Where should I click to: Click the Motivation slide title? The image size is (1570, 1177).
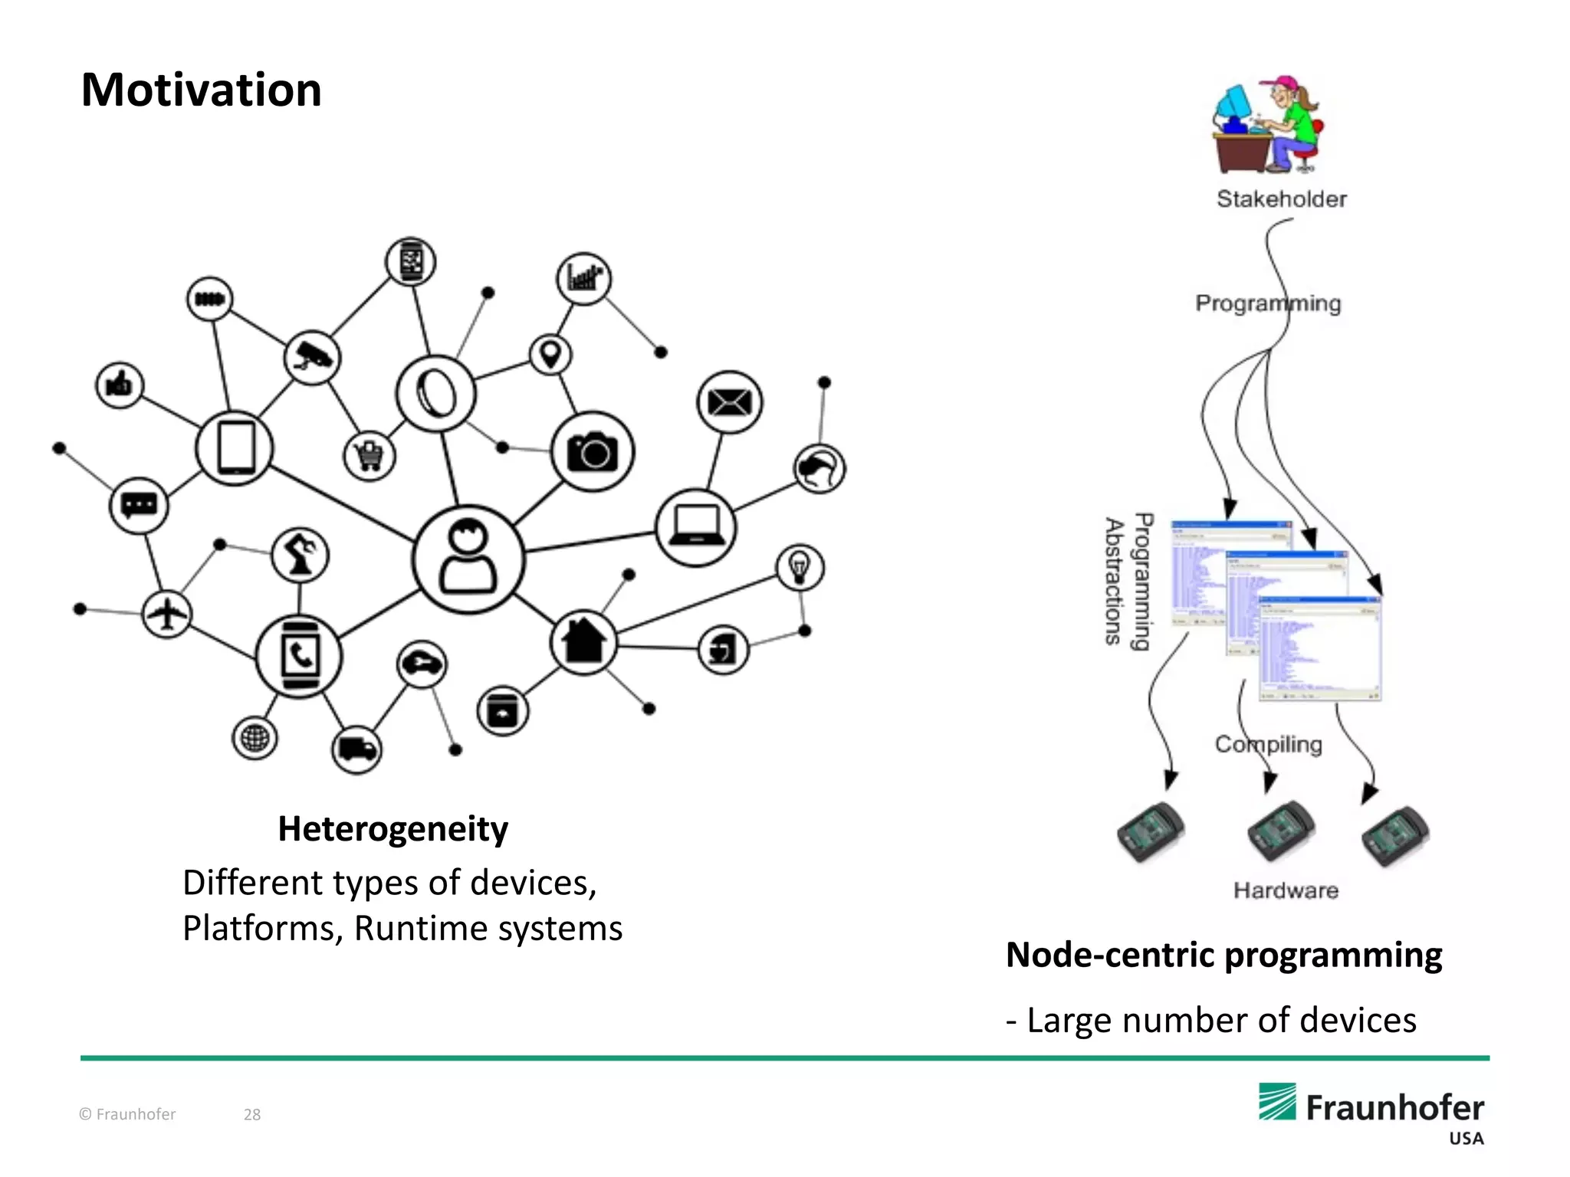pos(201,90)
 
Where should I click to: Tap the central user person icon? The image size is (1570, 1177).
pos(468,559)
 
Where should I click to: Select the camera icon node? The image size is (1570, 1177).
pos(592,452)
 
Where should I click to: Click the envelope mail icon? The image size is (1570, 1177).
pos(729,402)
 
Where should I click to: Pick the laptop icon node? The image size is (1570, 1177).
pos(695,527)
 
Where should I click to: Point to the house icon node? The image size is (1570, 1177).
pos(583,642)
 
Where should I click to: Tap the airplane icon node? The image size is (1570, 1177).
pos(167,614)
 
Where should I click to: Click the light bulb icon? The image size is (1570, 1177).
pos(800,568)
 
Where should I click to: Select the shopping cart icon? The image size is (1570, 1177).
pos(370,456)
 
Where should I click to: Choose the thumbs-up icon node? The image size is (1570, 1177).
pos(120,385)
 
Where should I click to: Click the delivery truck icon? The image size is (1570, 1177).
pos(356,749)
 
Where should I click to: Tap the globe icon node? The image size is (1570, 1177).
pos(255,739)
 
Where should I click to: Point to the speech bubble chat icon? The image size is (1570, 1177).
pos(139,506)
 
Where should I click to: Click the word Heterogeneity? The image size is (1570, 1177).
pos(392,829)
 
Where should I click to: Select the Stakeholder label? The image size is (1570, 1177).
pos(1281,199)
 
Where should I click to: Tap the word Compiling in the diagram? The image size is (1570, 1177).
pos(1268,744)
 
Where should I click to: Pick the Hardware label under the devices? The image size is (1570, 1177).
pos(1286,890)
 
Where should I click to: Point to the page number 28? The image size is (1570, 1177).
pos(252,1115)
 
